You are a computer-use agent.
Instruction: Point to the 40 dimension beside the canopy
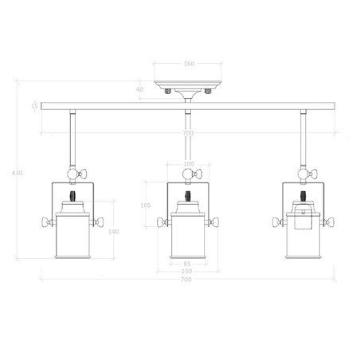[x=140, y=89]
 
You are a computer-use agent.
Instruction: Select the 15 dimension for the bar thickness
[x=35, y=105]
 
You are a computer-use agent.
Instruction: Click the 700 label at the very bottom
[x=187, y=280]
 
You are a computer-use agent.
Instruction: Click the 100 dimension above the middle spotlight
[x=188, y=164]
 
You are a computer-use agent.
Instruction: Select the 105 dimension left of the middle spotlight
[x=145, y=205]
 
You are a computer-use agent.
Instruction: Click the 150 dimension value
[x=186, y=272]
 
